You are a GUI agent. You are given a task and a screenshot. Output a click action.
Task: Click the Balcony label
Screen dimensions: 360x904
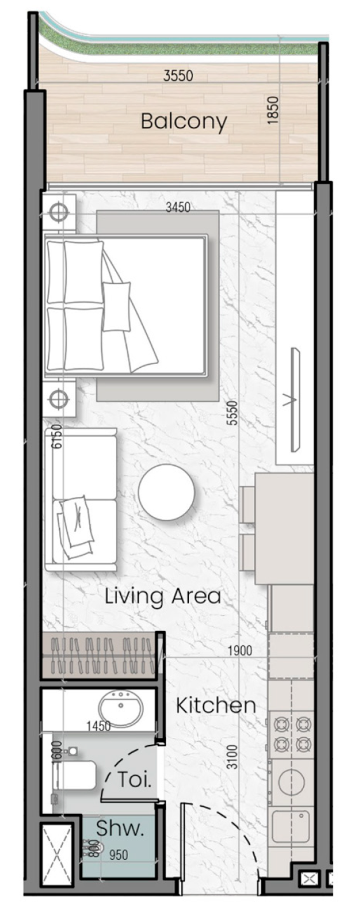tap(184, 122)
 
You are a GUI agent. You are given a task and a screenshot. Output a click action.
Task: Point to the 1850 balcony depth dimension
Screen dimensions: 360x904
tap(272, 111)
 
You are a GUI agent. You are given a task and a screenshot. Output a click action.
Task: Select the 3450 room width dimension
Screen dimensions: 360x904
tap(178, 206)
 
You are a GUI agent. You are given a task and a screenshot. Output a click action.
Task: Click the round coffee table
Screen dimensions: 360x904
tap(166, 492)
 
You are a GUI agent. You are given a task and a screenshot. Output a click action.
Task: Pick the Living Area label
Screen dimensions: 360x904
tap(163, 596)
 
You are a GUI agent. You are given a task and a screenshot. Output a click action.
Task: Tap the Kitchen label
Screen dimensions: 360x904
tap(216, 706)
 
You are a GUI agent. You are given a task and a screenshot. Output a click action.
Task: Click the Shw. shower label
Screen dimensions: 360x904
tap(120, 828)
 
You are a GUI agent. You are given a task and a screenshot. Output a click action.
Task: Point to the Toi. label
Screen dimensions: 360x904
tap(134, 779)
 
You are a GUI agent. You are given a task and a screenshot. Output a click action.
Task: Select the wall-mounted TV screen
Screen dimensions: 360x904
tap(295, 399)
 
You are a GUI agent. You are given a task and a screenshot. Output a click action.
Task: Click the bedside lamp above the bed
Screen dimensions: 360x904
tap(59, 212)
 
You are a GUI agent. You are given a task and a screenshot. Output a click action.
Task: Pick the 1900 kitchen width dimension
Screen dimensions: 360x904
tap(239, 651)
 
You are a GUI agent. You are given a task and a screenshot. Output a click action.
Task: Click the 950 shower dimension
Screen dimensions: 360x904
tap(118, 854)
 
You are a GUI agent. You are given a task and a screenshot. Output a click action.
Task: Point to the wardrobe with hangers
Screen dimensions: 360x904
tap(98, 655)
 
